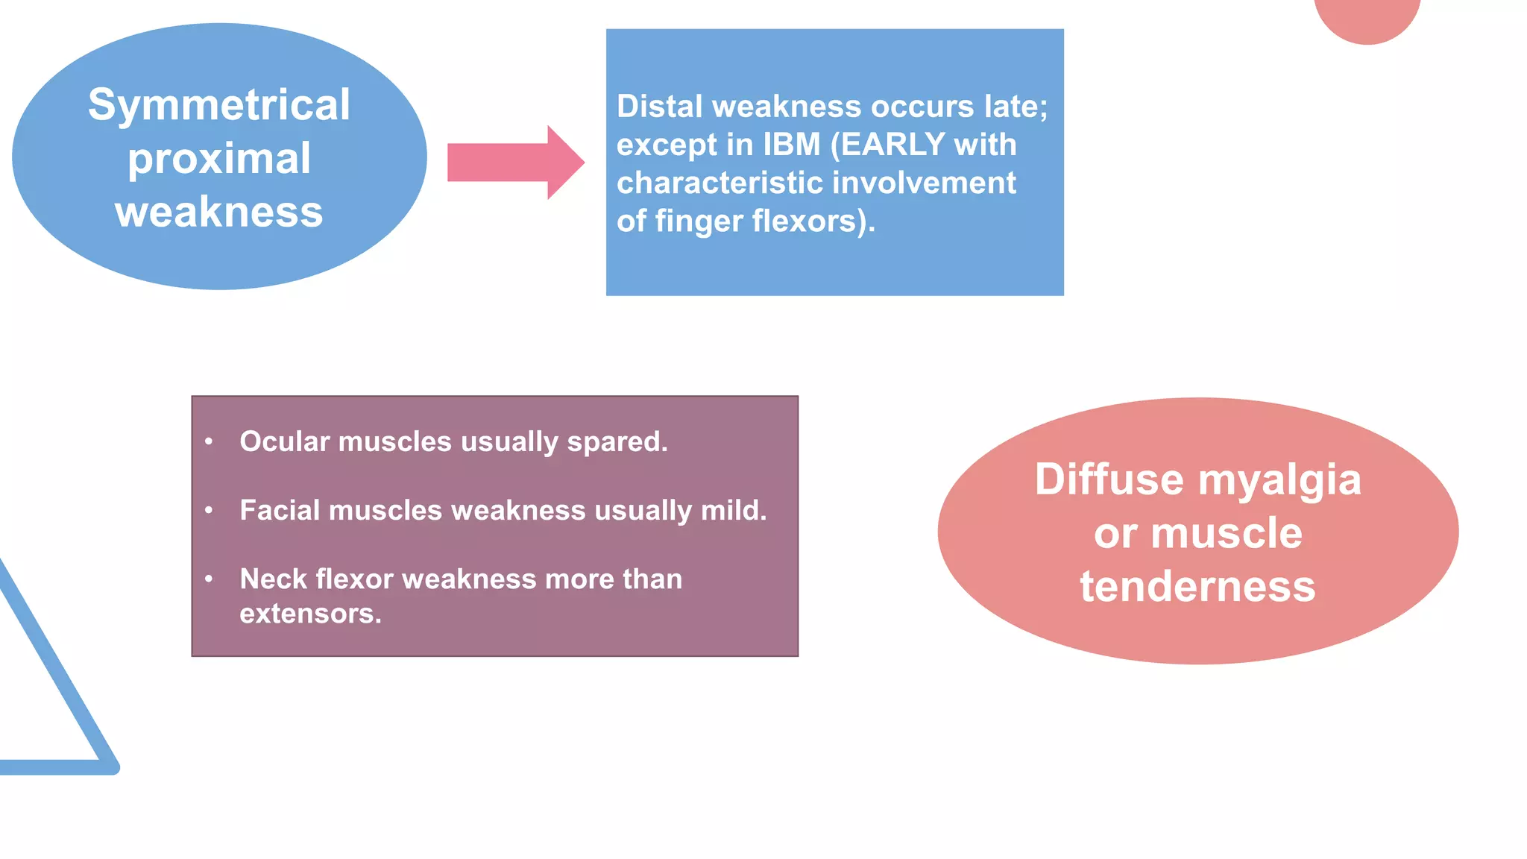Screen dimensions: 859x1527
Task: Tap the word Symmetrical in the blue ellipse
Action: (219, 104)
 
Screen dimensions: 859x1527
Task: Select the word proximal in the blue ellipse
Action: (219, 159)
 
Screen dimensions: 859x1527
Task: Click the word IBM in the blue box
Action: (792, 145)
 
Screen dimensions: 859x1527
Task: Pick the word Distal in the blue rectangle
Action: (660, 107)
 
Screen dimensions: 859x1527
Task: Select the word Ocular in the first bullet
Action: (284, 441)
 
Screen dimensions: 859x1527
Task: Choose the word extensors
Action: (310, 614)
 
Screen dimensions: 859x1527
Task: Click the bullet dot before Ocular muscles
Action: (209, 441)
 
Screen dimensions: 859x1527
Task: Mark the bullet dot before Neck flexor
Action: (209, 579)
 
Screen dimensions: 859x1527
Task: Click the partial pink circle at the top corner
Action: (1367, 16)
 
